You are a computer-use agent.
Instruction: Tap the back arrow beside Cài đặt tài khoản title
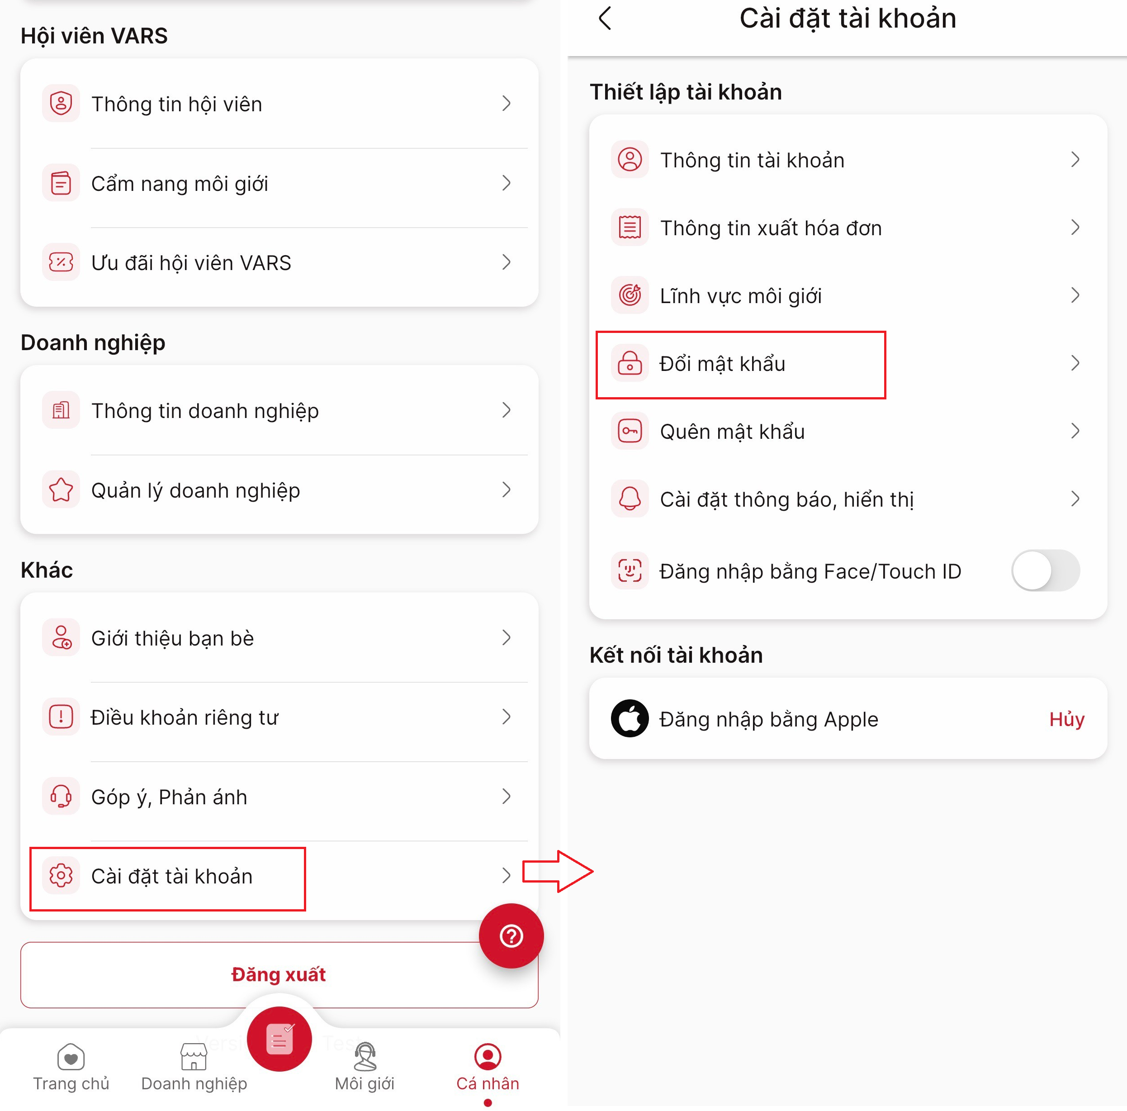[605, 18]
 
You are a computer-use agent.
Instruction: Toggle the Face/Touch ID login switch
[1045, 571]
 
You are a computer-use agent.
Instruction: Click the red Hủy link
[1066, 719]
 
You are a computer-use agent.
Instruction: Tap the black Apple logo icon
[630, 718]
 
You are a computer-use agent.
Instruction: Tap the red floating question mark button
[511, 936]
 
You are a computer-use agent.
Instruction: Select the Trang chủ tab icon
[71, 1057]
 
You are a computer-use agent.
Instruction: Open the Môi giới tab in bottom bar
[365, 1067]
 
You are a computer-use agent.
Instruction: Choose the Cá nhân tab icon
[488, 1057]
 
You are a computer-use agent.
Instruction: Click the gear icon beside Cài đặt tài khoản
[61, 875]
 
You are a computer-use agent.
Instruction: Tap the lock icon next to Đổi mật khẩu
[630, 363]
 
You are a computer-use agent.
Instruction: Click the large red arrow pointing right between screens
[558, 871]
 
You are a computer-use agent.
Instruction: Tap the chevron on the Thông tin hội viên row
[507, 103]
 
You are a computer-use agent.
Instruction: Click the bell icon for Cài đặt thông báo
[630, 499]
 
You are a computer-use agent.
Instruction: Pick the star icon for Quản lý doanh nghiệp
[61, 489]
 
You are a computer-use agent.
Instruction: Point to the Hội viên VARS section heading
[94, 36]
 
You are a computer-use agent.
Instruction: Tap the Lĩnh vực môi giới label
[740, 296]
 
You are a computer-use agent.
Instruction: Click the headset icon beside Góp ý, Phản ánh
[61, 796]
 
